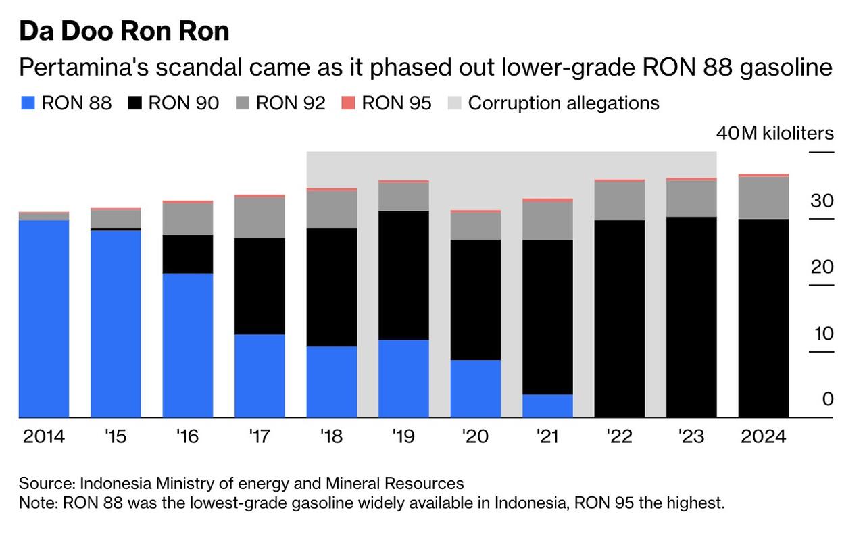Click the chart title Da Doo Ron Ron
tap(124, 31)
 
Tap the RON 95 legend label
tap(397, 103)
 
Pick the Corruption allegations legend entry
tap(563, 103)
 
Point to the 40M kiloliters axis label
tap(774, 133)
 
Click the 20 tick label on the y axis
tap(822, 267)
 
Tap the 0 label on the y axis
tap(828, 400)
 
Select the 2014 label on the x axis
tap(44, 437)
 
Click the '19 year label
tap(403, 437)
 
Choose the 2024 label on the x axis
tap(764, 437)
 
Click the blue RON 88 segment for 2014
tap(44, 318)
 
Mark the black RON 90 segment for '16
tap(188, 254)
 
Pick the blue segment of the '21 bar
tap(547, 406)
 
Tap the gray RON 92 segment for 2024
tap(764, 197)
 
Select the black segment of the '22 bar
tap(619, 318)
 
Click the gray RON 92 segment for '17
tap(259, 218)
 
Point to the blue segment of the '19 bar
tap(403, 378)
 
